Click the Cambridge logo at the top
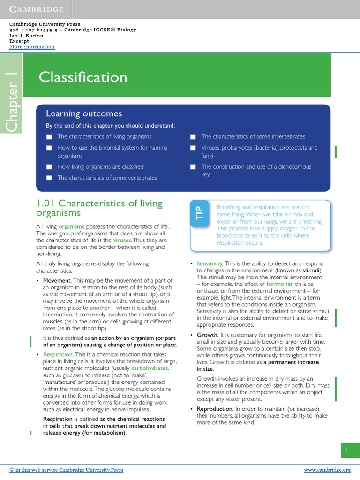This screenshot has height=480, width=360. pos(37,9)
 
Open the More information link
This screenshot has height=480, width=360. pos(32,47)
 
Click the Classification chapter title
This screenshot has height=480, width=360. pos(83,77)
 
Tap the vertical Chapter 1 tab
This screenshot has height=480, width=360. pos(11,101)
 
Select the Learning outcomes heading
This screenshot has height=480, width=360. pos(84,114)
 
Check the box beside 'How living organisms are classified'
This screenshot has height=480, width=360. pos(49,167)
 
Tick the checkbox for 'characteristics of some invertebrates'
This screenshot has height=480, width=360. pos(193,137)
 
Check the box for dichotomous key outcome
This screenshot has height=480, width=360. pos(193,167)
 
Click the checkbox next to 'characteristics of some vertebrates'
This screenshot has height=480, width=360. pos(49,178)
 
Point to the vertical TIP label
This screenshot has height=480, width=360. pos(199,214)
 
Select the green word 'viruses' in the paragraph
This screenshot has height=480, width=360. pos(122,240)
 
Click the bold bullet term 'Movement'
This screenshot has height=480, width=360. pos(57,280)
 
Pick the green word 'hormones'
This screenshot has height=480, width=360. pos(279,284)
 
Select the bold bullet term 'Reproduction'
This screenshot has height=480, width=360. pos(215,409)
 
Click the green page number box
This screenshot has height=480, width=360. pos(347,450)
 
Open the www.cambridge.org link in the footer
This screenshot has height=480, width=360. pos(327,470)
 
